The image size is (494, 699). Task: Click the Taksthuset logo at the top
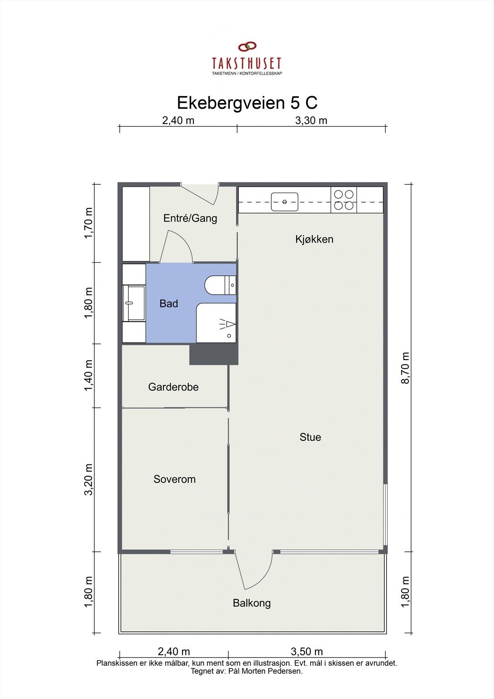[x=247, y=59]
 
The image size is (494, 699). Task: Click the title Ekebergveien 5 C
[x=247, y=103]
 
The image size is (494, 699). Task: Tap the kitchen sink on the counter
[x=284, y=202]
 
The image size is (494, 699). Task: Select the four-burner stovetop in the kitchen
[x=344, y=200]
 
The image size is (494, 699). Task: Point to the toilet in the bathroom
[x=220, y=285]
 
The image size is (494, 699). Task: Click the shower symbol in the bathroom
[x=228, y=324]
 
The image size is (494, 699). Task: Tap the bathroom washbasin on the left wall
[x=134, y=303]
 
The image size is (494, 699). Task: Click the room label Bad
[x=169, y=304]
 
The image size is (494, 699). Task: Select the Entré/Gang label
[x=190, y=218]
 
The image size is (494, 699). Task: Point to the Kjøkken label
[x=314, y=239]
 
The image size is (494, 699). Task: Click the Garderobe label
[x=173, y=387]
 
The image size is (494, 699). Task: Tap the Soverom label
[x=174, y=479]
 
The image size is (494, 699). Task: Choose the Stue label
[x=310, y=437]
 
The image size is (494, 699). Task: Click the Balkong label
[x=252, y=603]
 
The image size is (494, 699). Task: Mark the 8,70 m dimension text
[x=406, y=368]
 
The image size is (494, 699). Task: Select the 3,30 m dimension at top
[x=311, y=121]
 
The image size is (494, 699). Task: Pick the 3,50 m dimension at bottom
[x=307, y=652]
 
